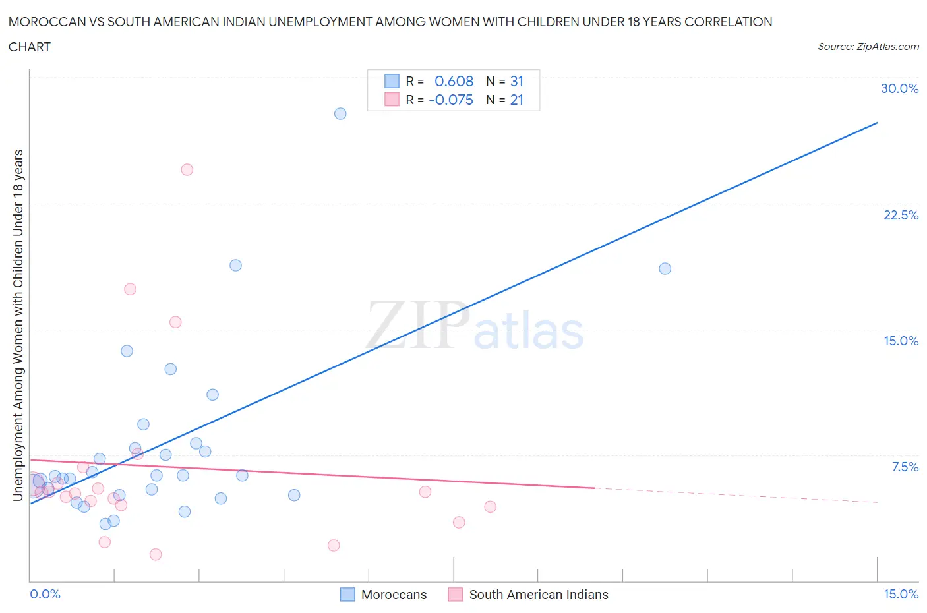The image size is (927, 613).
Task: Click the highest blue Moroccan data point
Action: (x=340, y=113)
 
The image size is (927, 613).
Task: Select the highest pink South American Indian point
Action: (x=187, y=169)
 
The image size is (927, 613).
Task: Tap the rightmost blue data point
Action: (x=665, y=268)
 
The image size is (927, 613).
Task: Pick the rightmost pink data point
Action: (x=490, y=507)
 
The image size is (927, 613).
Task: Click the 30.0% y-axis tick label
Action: (x=899, y=88)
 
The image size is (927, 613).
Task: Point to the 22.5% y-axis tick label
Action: (x=901, y=215)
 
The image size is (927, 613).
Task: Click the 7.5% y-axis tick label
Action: (x=905, y=467)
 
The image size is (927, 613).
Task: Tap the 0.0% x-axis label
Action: (x=45, y=594)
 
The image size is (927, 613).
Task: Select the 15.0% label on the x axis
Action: (x=901, y=594)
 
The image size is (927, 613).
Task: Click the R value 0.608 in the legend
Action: (x=454, y=81)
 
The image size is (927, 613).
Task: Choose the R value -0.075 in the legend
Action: (x=451, y=100)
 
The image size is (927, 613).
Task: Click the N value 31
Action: (x=516, y=81)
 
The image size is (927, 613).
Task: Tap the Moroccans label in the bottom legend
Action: (x=394, y=595)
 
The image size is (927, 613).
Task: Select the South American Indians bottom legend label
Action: (x=539, y=595)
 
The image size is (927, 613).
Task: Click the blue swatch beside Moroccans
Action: (x=347, y=595)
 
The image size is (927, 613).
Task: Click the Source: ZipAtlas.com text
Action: (x=868, y=46)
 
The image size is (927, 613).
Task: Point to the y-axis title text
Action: (x=18, y=325)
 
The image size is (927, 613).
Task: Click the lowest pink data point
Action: (x=156, y=554)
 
